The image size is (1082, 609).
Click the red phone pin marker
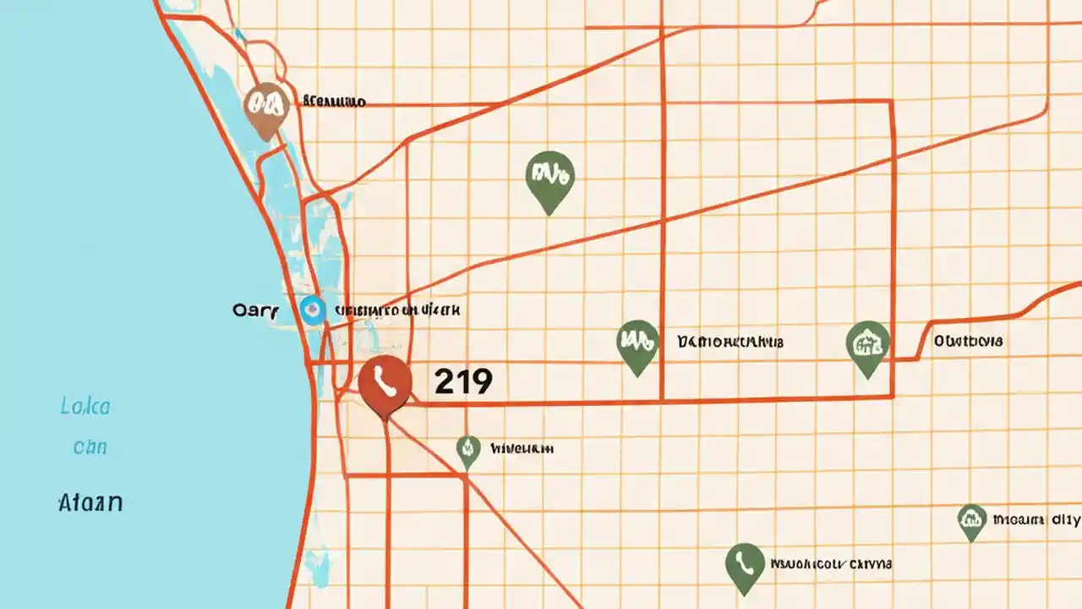[x=385, y=385]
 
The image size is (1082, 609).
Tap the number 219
[x=462, y=381]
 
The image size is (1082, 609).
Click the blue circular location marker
[x=312, y=310]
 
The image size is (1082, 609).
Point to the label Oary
[x=254, y=310]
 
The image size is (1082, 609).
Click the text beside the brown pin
[x=334, y=102]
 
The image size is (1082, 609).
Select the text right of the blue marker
[x=397, y=310]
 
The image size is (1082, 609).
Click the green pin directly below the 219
[x=467, y=450]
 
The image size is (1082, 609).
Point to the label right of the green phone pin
[x=831, y=563]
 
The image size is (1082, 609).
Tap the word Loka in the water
[x=85, y=407]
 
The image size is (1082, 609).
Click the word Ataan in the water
[x=90, y=503]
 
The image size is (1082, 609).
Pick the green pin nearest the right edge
[x=972, y=520]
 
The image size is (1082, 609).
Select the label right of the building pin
[x=969, y=342]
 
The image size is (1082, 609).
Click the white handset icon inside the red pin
[x=385, y=383]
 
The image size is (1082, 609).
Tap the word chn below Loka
[x=90, y=447]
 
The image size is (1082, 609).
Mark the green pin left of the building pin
[x=638, y=344]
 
